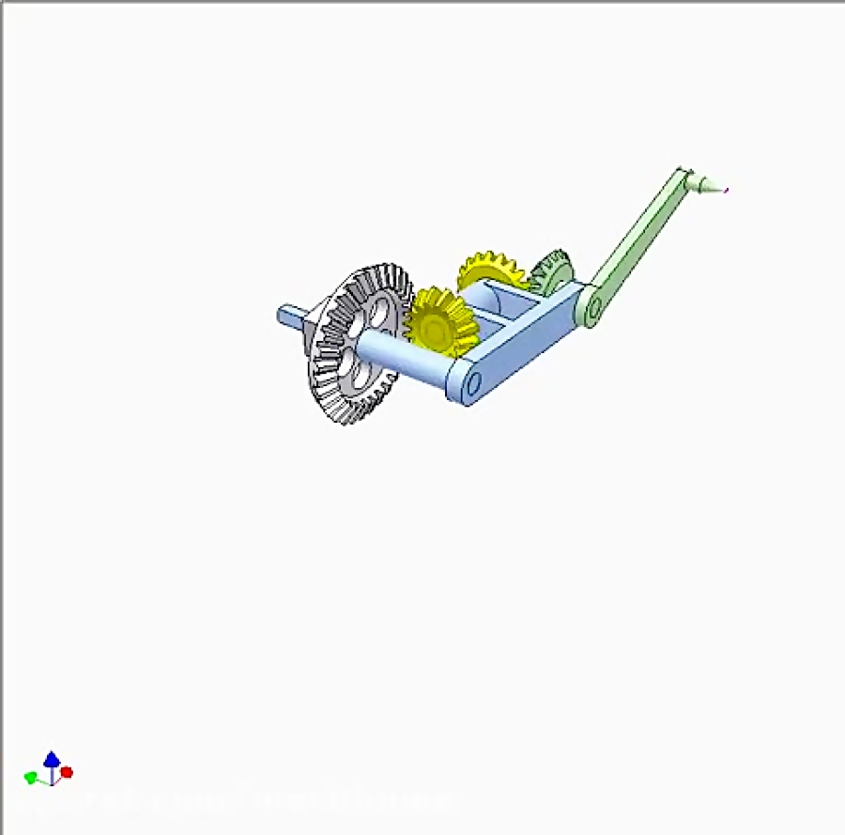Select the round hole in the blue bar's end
point(471,383)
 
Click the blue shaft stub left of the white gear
point(292,316)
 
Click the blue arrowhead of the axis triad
point(52,757)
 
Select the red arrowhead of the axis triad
point(67,773)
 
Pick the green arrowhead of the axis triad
point(30,777)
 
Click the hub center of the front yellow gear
point(436,327)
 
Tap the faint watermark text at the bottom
point(235,800)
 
